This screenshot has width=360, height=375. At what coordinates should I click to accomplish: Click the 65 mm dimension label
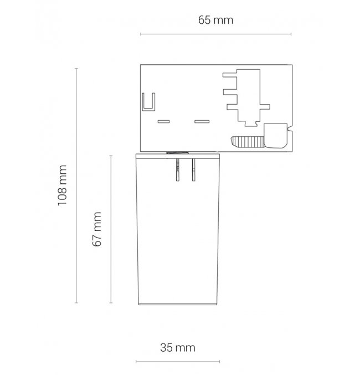[x=215, y=20]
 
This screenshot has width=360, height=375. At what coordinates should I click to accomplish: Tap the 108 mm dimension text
[x=63, y=185]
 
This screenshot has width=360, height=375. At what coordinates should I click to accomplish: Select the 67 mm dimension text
[x=97, y=229]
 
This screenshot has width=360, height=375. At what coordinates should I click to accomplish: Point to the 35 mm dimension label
[x=177, y=347]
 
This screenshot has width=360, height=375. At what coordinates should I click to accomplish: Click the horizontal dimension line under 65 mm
[x=216, y=34]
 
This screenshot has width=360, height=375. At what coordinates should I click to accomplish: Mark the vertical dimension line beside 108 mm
[x=76, y=186]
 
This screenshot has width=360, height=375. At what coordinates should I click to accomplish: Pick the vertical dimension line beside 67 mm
[x=111, y=229]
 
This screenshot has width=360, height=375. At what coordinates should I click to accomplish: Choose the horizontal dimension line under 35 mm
[x=178, y=362]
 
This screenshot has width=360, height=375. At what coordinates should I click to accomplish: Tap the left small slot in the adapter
[x=163, y=121]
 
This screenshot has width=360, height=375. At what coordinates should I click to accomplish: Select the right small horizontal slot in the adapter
[x=202, y=121]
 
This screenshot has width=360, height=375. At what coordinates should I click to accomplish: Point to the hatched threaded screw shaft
[x=248, y=142]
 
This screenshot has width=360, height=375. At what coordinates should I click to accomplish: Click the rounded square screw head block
[x=276, y=136]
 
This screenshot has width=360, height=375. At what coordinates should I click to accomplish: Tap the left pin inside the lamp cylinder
[x=177, y=170]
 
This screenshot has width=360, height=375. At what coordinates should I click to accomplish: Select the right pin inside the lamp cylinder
[x=193, y=170]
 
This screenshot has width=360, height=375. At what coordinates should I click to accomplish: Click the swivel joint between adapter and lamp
[x=178, y=152]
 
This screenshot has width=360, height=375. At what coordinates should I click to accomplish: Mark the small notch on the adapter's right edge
[x=290, y=131]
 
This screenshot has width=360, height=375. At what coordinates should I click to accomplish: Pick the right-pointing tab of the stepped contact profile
[x=265, y=107]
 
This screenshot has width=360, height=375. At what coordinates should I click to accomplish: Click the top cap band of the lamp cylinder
[x=178, y=156]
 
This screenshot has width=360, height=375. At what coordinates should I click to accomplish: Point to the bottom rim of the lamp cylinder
[x=178, y=304]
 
